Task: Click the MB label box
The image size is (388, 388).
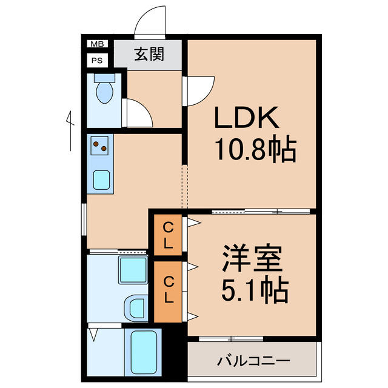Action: coord(96,44)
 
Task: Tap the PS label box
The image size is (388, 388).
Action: coord(96,60)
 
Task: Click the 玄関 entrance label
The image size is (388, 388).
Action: coord(149,55)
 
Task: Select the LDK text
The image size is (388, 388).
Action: coord(246,118)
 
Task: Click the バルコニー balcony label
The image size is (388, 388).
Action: coord(253,361)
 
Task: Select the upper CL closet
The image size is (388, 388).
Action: coord(169,236)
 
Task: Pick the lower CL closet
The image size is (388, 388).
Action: coord(169,290)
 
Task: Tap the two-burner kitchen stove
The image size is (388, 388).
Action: coord(101,145)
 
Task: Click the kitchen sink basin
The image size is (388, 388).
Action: coord(101,179)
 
